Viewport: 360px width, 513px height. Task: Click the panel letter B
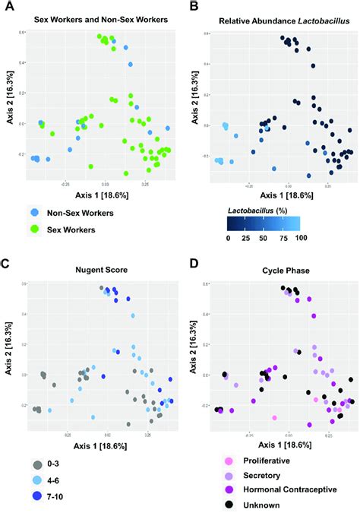tap(192, 7)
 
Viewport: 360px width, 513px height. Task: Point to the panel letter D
tap(192, 264)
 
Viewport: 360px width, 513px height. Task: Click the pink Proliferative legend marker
tap(228, 461)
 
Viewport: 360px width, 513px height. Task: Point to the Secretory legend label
tap(261, 475)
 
